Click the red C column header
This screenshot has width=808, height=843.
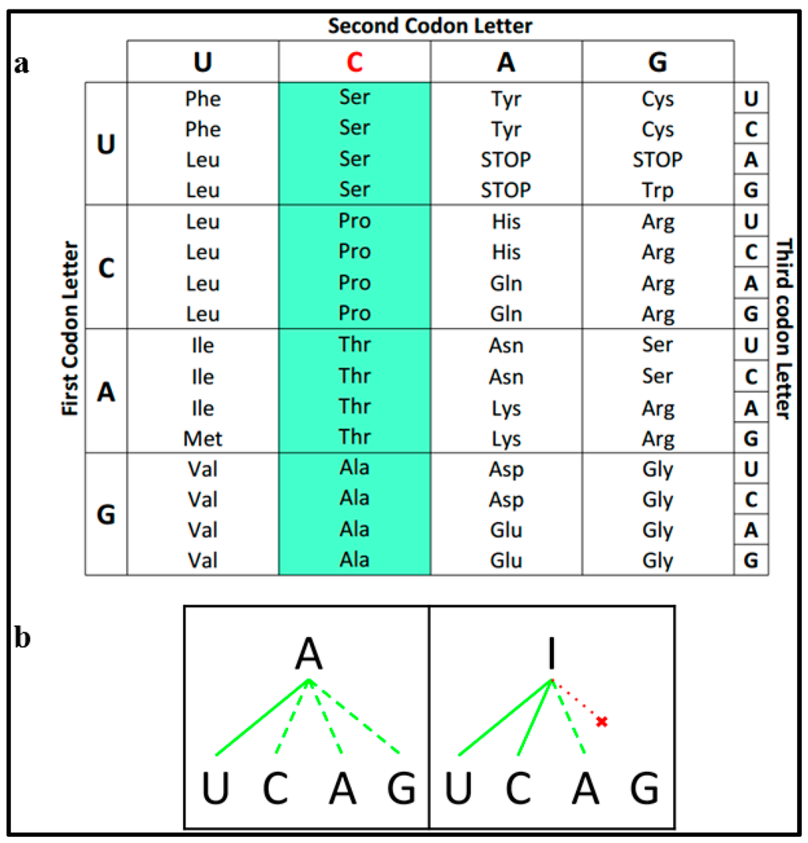click(x=354, y=62)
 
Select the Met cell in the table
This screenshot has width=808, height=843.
click(x=203, y=438)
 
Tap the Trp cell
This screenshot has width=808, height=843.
click(x=657, y=190)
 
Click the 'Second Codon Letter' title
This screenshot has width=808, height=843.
click(x=430, y=25)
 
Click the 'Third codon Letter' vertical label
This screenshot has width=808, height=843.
click(x=784, y=329)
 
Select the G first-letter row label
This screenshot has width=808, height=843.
click(x=106, y=515)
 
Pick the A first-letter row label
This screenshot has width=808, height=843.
click(x=106, y=391)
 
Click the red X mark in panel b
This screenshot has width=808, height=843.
click(x=602, y=722)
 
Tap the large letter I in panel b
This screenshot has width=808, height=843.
click(x=552, y=653)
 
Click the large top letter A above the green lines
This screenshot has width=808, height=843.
click(x=310, y=653)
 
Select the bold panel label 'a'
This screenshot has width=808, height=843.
click(x=23, y=64)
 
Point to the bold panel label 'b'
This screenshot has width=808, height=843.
click(x=23, y=637)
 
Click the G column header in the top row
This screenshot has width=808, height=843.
click(x=657, y=62)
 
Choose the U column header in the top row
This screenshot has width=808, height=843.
click(x=203, y=62)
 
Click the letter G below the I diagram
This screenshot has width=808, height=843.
click(x=645, y=789)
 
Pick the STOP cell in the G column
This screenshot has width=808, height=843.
click(x=657, y=160)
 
